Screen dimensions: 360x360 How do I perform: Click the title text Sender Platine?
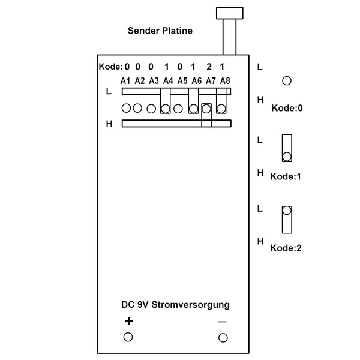160,31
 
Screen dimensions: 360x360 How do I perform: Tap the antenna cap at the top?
230,13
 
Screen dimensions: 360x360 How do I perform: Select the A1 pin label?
125,81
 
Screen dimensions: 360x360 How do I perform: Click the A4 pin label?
168,81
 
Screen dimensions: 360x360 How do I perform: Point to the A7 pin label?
211,81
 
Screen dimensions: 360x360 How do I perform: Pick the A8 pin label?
225,81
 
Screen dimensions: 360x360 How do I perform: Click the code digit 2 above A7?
209,67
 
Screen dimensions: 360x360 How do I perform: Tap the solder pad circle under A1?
126,108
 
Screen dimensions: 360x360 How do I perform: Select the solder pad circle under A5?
178,109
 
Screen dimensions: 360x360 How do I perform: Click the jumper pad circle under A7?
206,109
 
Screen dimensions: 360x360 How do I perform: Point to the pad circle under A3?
151,109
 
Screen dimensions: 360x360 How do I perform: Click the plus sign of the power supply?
129,321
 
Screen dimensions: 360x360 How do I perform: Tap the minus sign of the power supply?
222,322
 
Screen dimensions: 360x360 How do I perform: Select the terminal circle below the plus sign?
128,337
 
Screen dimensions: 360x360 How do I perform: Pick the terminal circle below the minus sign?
223,338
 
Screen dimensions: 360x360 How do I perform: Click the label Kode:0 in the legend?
287,108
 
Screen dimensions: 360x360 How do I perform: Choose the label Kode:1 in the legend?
286,176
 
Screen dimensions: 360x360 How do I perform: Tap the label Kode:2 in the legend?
286,248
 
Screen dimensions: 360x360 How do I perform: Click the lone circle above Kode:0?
287,81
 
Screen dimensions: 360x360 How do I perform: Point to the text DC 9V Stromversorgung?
175,305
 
